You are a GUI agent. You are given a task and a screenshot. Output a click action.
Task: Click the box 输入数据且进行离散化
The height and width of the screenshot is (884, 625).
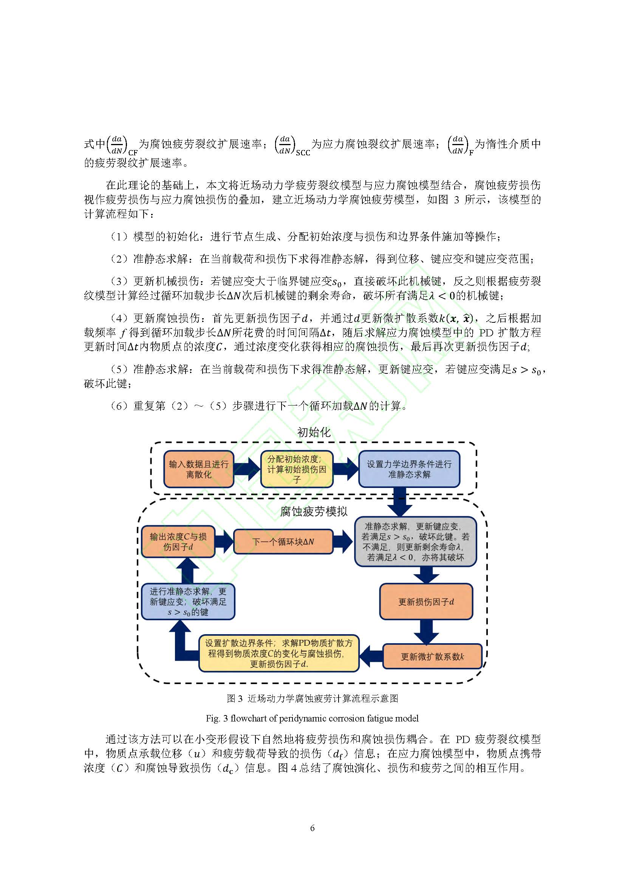click(199, 469)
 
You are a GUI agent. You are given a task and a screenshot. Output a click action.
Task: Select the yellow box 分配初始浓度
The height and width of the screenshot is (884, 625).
click(297, 469)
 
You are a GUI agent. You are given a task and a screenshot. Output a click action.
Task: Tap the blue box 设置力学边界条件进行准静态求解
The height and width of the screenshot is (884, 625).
click(409, 469)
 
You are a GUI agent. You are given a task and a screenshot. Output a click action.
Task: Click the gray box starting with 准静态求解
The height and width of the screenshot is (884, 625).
click(415, 541)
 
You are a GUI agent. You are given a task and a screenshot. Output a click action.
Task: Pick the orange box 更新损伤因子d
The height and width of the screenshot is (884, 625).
click(426, 602)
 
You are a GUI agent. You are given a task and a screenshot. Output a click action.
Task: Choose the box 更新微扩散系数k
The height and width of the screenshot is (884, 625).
click(432, 656)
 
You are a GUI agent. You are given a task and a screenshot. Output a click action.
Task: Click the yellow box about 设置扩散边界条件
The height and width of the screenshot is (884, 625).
click(278, 653)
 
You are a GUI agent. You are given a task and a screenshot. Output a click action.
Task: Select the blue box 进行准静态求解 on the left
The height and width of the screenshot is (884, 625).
click(188, 601)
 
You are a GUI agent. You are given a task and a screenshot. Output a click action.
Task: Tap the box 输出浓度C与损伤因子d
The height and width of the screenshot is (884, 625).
click(178, 541)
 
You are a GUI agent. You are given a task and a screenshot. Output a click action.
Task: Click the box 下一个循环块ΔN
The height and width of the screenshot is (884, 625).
click(283, 542)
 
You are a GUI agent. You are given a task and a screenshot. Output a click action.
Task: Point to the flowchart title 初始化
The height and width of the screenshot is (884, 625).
click(314, 432)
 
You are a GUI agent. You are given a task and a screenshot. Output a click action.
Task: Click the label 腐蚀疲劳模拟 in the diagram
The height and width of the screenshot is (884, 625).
click(314, 511)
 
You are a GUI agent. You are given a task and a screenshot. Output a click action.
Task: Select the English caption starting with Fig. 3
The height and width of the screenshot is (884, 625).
click(312, 718)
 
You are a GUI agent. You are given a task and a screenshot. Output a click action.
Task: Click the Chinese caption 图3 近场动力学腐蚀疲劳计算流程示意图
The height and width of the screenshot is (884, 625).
click(312, 698)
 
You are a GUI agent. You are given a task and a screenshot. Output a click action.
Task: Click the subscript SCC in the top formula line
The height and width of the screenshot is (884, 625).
click(303, 153)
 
